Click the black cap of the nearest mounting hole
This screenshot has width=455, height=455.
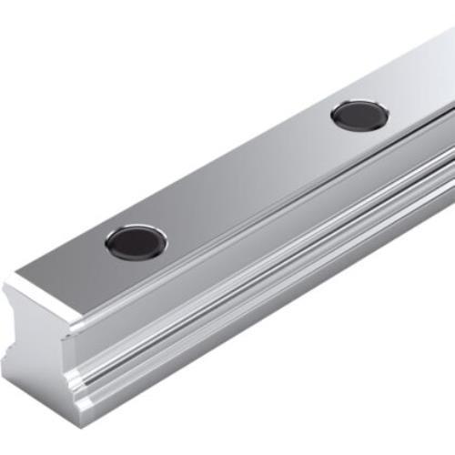136,240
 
